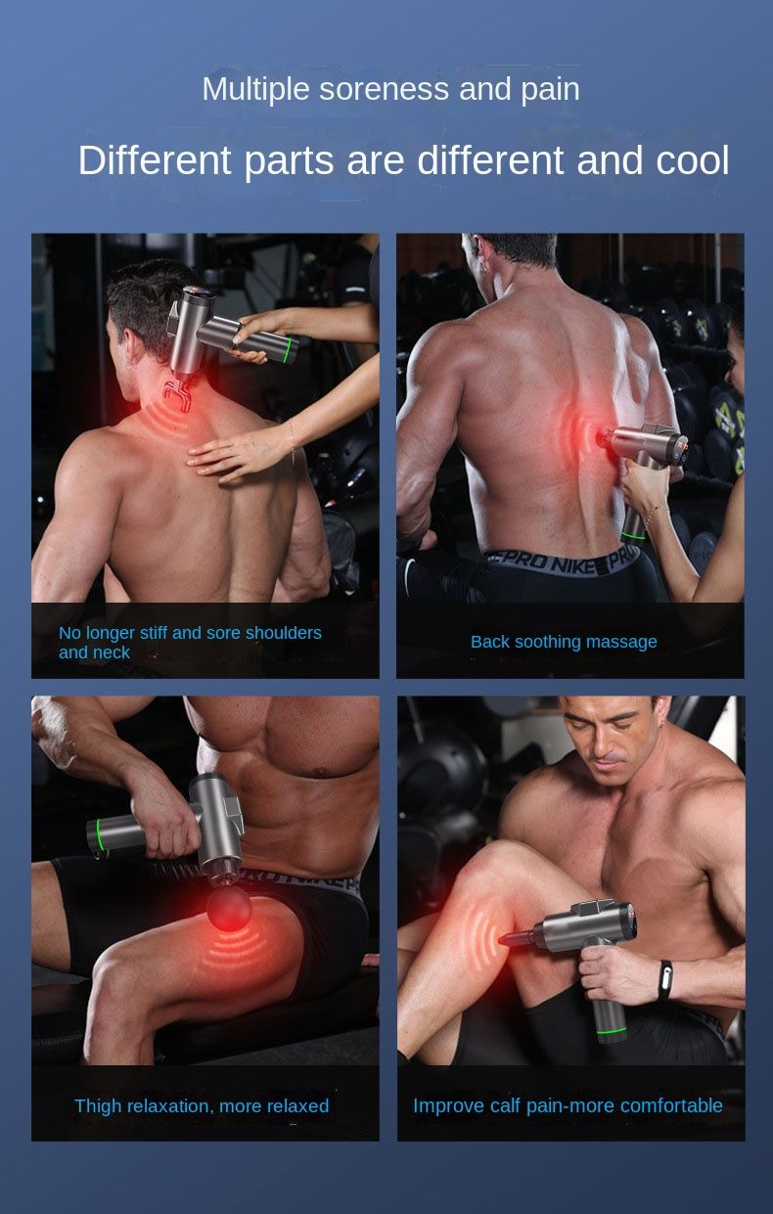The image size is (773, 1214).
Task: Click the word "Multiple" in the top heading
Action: tap(256, 90)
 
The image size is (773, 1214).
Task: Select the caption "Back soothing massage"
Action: tap(564, 642)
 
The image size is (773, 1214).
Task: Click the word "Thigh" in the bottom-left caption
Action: tap(97, 1105)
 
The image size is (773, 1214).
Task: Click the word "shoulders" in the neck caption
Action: tap(284, 633)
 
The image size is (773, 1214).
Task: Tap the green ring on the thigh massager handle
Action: tap(99, 835)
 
